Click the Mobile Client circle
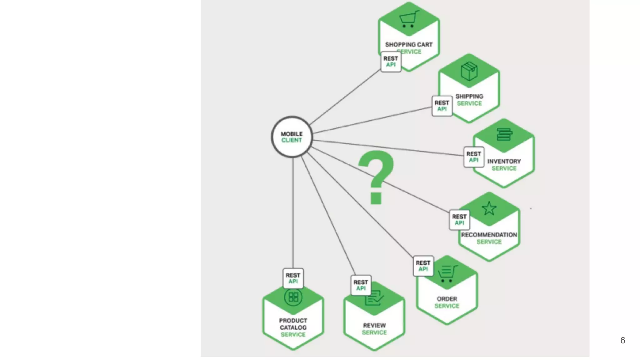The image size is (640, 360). pyautogui.click(x=292, y=137)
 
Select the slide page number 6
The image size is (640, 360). pyautogui.click(x=622, y=340)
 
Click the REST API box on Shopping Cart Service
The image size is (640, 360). pyautogui.click(x=391, y=62)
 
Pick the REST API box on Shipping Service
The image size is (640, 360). pyautogui.click(x=442, y=106)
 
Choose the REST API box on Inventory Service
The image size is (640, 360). pyautogui.click(x=474, y=157)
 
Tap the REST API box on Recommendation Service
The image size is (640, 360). pyautogui.click(x=459, y=220)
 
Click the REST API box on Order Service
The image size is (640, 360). pyautogui.click(x=423, y=266)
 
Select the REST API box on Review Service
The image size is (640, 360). pyautogui.click(x=361, y=285)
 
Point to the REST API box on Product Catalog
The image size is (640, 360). pyautogui.click(x=293, y=278)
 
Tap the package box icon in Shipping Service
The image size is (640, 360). pyautogui.click(x=469, y=71)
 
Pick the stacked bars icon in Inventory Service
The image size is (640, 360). pyautogui.click(x=504, y=134)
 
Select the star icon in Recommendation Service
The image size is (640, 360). pyautogui.click(x=489, y=208)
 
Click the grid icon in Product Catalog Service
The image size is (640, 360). pyautogui.click(x=293, y=297)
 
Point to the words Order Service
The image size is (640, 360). pyautogui.click(x=447, y=302)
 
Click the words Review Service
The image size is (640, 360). pyautogui.click(x=374, y=329)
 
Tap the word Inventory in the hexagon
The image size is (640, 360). pyautogui.click(x=504, y=161)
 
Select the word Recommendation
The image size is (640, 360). pyautogui.click(x=489, y=235)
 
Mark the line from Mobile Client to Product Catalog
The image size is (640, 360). pyautogui.click(x=293, y=212)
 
